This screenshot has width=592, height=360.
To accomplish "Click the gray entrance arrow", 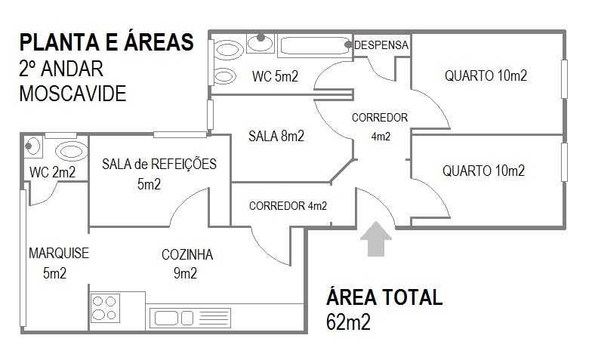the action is [x=376, y=239].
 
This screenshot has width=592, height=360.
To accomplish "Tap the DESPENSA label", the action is [x=381, y=45].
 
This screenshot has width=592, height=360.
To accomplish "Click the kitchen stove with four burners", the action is [x=105, y=308].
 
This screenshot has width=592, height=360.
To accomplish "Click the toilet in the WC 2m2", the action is [x=72, y=152].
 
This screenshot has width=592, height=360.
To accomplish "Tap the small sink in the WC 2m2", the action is [x=32, y=146].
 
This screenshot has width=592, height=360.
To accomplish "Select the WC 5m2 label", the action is [x=275, y=77].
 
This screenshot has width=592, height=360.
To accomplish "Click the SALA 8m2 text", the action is [x=276, y=136].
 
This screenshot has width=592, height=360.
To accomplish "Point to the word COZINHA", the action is [x=187, y=255].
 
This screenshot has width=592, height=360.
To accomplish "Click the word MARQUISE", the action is [x=59, y=253].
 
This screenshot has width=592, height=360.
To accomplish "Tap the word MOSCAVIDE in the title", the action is [x=72, y=94].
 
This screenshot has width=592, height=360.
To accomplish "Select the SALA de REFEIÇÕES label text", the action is [x=159, y=165].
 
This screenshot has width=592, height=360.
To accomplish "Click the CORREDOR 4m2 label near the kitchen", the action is [x=288, y=206].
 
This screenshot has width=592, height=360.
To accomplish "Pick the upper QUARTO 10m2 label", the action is [x=486, y=75].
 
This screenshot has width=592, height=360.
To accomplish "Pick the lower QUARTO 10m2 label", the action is [x=483, y=171].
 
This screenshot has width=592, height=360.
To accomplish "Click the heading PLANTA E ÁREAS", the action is [x=106, y=42].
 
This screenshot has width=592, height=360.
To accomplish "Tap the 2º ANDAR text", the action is [x=61, y=69].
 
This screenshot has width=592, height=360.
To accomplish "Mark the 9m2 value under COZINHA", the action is [x=186, y=273].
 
